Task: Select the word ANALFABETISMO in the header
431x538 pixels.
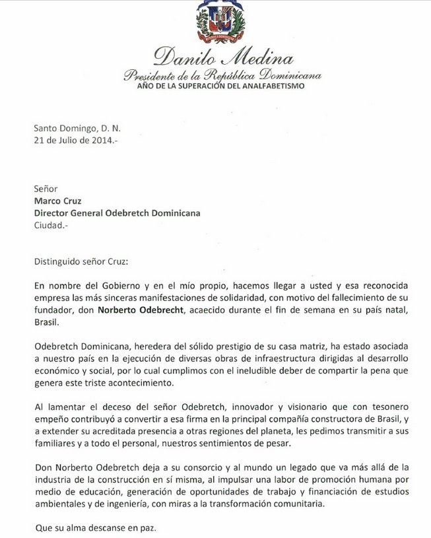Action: click(x=273, y=86)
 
